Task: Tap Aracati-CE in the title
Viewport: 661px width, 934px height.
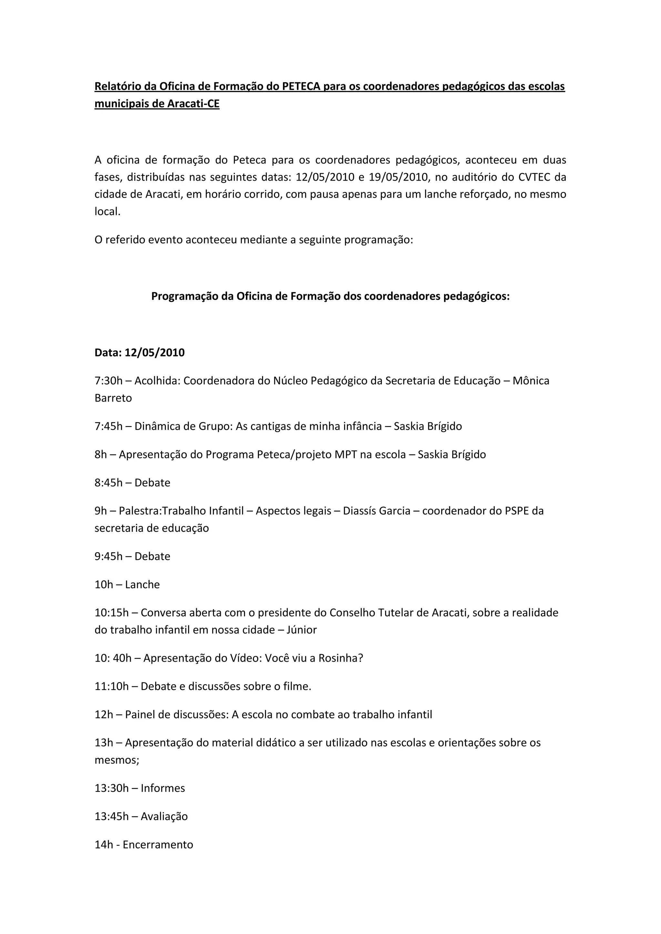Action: [193, 104]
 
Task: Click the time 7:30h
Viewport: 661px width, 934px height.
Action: [108, 381]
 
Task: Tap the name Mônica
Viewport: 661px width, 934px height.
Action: [531, 381]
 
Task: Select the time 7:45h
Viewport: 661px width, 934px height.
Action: [108, 426]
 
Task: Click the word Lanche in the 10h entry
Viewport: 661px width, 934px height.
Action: [142, 585]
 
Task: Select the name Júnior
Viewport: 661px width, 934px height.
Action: [301, 630]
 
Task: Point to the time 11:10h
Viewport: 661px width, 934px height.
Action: [112, 686]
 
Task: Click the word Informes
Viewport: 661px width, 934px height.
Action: [163, 788]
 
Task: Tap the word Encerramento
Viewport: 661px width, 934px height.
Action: [158, 845]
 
